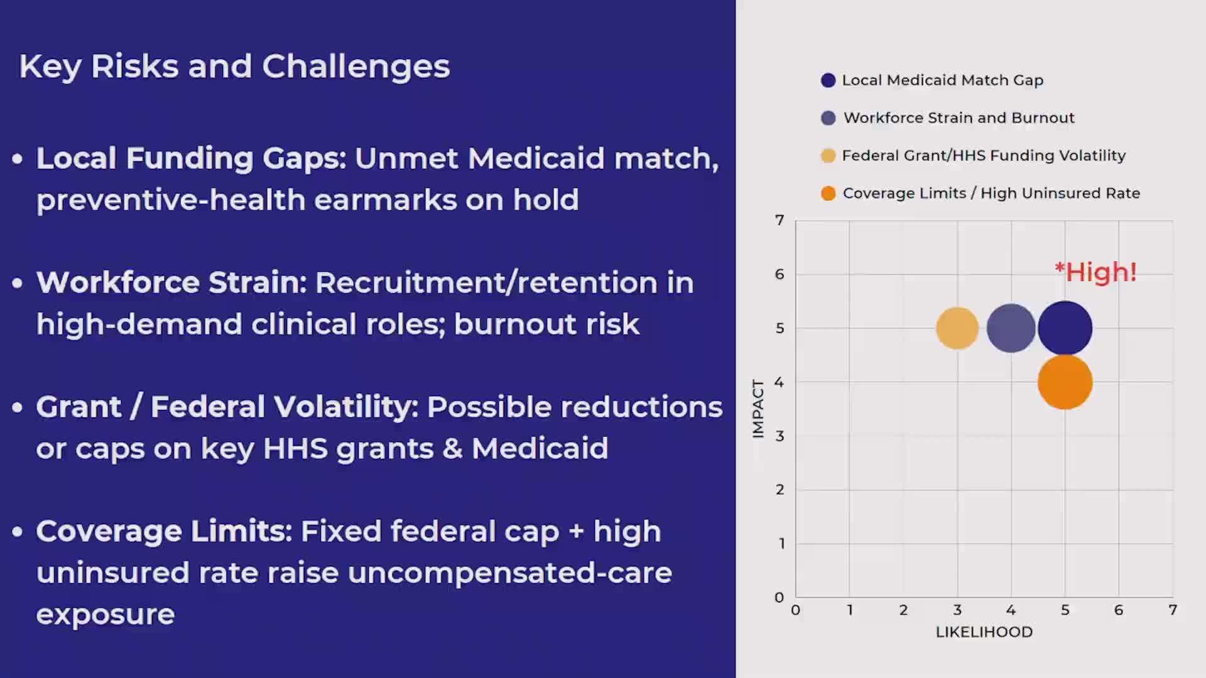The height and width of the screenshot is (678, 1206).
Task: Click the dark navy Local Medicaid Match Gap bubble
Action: click(x=1065, y=328)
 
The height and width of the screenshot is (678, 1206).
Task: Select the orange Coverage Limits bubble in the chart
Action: click(x=1065, y=382)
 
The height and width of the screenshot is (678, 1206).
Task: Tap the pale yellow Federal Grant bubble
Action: click(x=957, y=328)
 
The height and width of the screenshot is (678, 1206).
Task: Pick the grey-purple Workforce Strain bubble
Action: click(x=1011, y=328)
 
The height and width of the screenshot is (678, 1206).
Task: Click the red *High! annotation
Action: click(x=1095, y=272)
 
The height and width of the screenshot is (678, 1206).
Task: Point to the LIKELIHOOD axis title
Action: click(x=984, y=632)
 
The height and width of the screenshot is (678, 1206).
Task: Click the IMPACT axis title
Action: click(x=758, y=409)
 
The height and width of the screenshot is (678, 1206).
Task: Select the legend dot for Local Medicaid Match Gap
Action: click(x=828, y=80)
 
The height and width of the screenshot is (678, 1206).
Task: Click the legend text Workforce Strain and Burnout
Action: click(x=959, y=118)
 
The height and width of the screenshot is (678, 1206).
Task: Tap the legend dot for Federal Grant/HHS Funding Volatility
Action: click(x=828, y=156)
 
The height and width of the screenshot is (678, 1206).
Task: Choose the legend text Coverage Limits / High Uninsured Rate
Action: click(x=991, y=193)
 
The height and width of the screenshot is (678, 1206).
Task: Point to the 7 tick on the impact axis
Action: click(x=780, y=220)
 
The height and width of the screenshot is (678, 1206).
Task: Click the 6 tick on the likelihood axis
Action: click(x=1118, y=610)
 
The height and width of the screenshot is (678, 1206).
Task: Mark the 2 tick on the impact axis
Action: click(x=780, y=490)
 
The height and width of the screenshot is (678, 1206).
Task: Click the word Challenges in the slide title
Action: click(x=356, y=67)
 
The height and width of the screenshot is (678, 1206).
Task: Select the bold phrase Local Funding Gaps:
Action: click(x=191, y=158)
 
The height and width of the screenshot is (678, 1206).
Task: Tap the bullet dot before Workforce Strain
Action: click(x=18, y=283)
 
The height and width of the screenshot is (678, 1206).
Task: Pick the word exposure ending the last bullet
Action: click(x=105, y=614)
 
